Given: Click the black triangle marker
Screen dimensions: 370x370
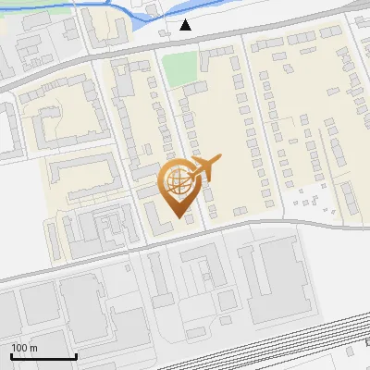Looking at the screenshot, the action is [x=186, y=25].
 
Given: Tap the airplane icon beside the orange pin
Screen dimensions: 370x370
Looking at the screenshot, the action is [x=204, y=167].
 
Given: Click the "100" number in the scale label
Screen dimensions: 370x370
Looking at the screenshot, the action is [x=19, y=348].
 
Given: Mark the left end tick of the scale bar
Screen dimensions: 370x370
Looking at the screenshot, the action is [x=12, y=356].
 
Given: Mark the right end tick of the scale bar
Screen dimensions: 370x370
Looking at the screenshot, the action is [x=76, y=356].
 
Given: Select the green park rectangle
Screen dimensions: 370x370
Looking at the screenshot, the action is [x=179, y=66].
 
